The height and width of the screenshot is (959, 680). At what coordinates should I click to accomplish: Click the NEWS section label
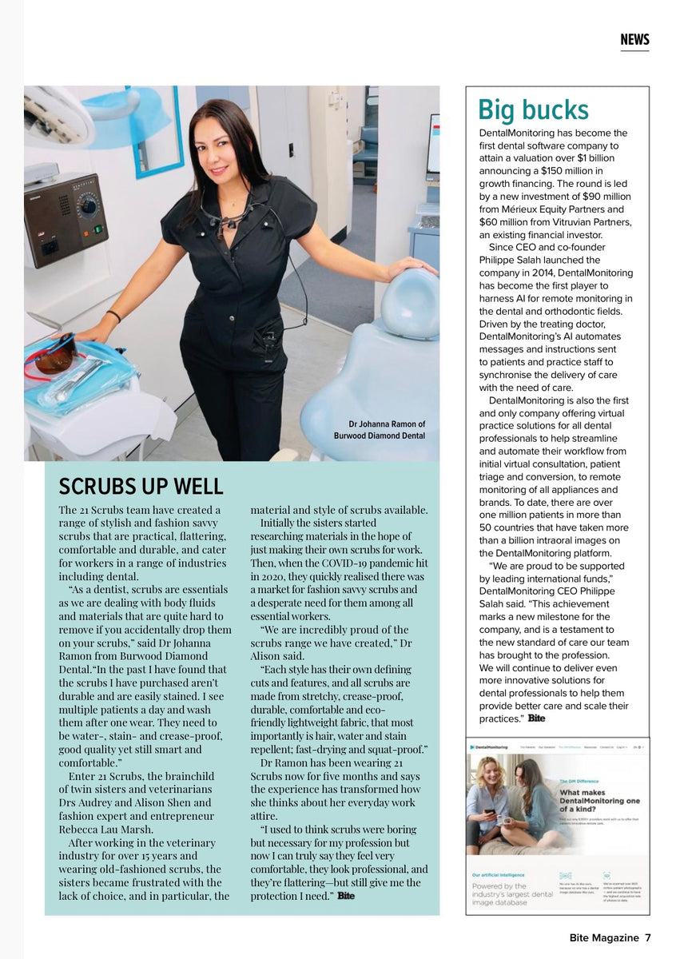[634, 40]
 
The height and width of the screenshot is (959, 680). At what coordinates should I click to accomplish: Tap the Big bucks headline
[533, 110]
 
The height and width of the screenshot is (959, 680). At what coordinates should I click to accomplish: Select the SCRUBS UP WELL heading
[141, 487]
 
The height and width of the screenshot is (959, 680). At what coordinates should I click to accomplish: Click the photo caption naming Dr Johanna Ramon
[380, 430]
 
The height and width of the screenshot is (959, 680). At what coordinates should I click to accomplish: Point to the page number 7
[648, 937]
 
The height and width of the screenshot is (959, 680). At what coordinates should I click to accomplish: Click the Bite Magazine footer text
[603, 937]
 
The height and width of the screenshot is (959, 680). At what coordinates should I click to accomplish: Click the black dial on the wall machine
[89, 206]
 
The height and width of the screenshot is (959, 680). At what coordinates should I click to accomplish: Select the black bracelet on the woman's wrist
[113, 316]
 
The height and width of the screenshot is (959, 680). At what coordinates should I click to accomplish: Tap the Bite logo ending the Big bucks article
[536, 718]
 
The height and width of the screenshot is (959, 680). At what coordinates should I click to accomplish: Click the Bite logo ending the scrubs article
[345, 896]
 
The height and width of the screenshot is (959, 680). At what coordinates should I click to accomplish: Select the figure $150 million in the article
[566, 170]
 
